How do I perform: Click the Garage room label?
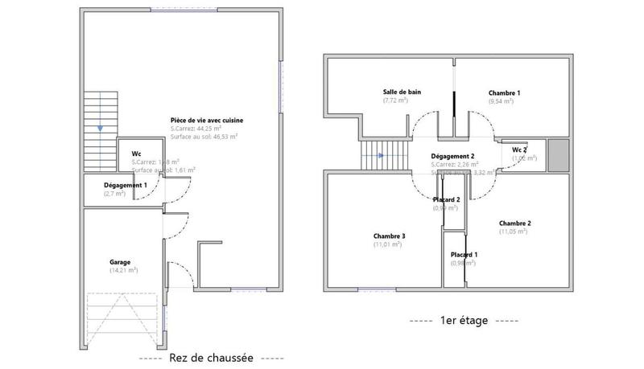[120, 262]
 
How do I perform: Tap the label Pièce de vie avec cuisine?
[206, 121]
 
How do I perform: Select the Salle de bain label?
[402, 92]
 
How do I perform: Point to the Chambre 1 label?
[504, 93]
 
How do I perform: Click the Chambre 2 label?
[514, 223]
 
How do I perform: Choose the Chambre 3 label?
[389, 236]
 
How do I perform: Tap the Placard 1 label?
[464, 255]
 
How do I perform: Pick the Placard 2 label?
[446, 199]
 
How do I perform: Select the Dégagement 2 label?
[452, 156]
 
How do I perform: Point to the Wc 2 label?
[519, 150]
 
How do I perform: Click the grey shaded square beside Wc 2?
[558, 154]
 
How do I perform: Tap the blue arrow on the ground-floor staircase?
[100, 128]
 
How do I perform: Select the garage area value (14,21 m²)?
[123, 271]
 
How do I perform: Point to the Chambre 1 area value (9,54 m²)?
[503, 102]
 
